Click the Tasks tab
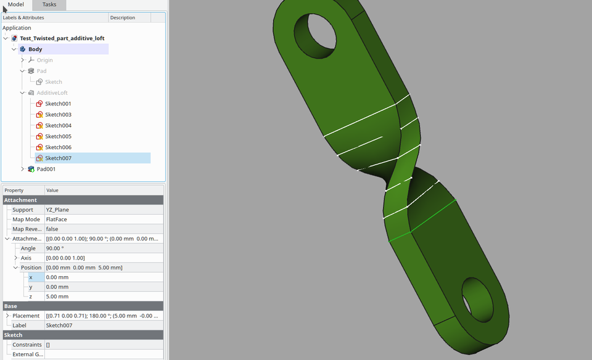pyautogui.click(x=49, y=4)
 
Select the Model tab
pyautogui.click(x=16, y=4)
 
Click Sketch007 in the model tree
pyautogui.click(x=58, y=158)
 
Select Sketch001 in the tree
pyautogui.click(x=58, y=104)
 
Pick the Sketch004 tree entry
pyautogui.click(x=58, y=126)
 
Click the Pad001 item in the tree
pyautogui.click(x=46, y=169)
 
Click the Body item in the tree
pyautogui.click(x=35, y=49)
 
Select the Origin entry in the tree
pyautogui.click(x=44, y=60)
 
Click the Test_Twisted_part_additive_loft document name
pyautogui.click(x=62, y=38)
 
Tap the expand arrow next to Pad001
pyautogui.click(x=23, y=169)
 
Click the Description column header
pyautogui.click(x=123, y=18)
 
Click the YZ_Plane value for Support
pyautogui.click(x=57, y=210)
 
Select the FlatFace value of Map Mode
pyautogui.click(x=56, y=219)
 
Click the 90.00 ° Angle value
pyautogui.click(x=54, y=248)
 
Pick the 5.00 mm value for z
pyautogui.click(x=57, y=297)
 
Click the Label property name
pyautogui.click(x=20, y=325)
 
